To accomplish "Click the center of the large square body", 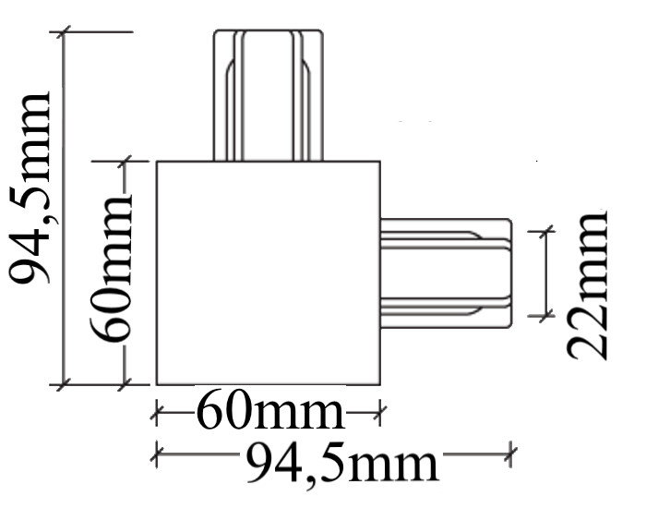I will click(268, 273).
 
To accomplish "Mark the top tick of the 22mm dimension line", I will click(544, 228).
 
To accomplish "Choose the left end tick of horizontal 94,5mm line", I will click(156, 453).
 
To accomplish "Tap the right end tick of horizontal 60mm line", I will click(379, 412).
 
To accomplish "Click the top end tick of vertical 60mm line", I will click(126, 162).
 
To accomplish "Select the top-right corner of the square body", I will click(380, 162).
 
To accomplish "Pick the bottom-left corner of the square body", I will click(156, 384).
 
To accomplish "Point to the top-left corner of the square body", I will click(156, 162).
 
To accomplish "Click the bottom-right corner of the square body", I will click(380, 384).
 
